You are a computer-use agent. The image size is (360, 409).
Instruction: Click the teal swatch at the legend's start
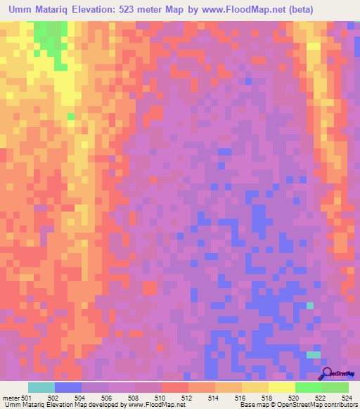(x=41, y=387)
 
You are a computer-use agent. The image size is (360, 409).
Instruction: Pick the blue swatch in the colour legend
(x=68, y=387)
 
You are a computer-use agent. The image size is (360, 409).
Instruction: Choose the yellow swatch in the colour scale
(x=282, y=387)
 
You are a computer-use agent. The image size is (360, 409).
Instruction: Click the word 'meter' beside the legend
(x=11, y=398)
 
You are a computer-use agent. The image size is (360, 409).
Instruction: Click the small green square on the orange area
(x=70, y=117)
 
